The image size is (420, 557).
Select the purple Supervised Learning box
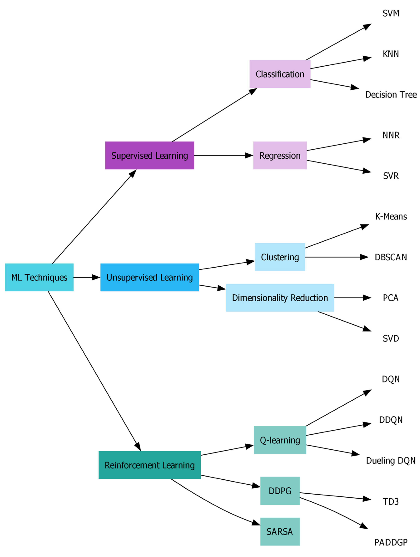(150, 155)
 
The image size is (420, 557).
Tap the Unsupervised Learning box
(150, 277)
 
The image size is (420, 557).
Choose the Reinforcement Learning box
(150, 465)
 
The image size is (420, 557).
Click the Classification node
(280, 74)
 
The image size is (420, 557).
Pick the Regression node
(280, 155)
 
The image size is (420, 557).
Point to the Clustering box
(280, 257)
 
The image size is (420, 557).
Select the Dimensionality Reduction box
(280, 298)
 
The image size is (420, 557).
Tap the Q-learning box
(280, 440)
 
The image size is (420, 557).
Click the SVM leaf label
(390, 13)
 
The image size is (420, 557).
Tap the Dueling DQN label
(390, 461)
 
